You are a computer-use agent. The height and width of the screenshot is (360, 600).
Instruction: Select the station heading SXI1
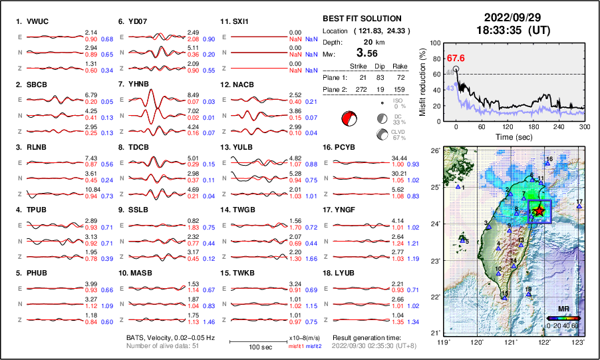click(x=239, y=21)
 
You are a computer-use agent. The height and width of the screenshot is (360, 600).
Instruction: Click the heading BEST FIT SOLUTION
click(x=362, y=19)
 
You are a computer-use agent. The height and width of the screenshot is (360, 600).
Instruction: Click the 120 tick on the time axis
click(x=508, y=126)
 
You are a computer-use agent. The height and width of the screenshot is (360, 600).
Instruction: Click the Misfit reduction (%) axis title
click(x=422, y=81)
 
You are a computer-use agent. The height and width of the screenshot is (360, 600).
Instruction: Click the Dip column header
click(x=380, y=67)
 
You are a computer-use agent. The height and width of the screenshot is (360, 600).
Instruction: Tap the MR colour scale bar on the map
click(x=562, y=317)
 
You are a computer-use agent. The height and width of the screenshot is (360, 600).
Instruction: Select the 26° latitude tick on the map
click(x=433, y=151)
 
